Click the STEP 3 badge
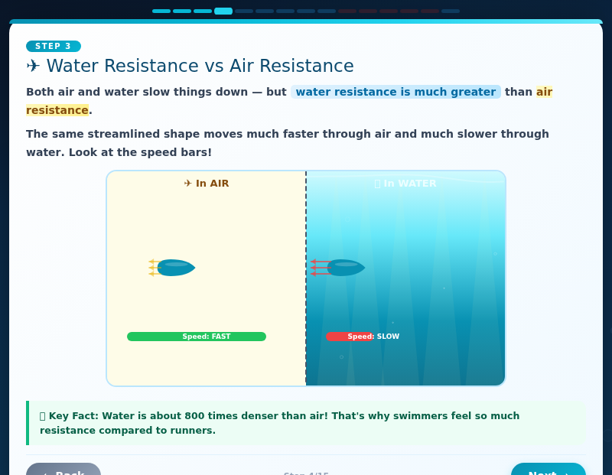tap(53, 46)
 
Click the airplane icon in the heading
tap(33, 67)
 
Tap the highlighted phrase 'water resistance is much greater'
tap(396, 92)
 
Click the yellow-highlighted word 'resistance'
tap(57, 110)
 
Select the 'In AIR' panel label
tap(207, 184)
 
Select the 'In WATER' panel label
tap(405, 184)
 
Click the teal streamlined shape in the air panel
tap(177, 268)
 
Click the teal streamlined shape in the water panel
tap(347, 268)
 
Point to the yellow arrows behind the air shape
tap(153, 268)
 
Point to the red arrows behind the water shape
tap(319, 268)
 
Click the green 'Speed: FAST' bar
tap(197, 337)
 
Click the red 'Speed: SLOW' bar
tap(350, 337)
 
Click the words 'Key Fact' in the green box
tap(73, 416)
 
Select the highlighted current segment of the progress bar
tap(223, 11)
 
